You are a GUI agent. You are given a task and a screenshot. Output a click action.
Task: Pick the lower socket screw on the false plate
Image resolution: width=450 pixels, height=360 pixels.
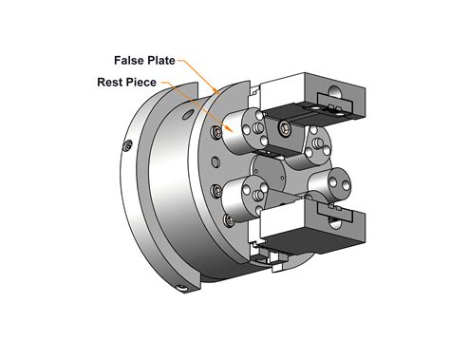(x=217, y=191)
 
